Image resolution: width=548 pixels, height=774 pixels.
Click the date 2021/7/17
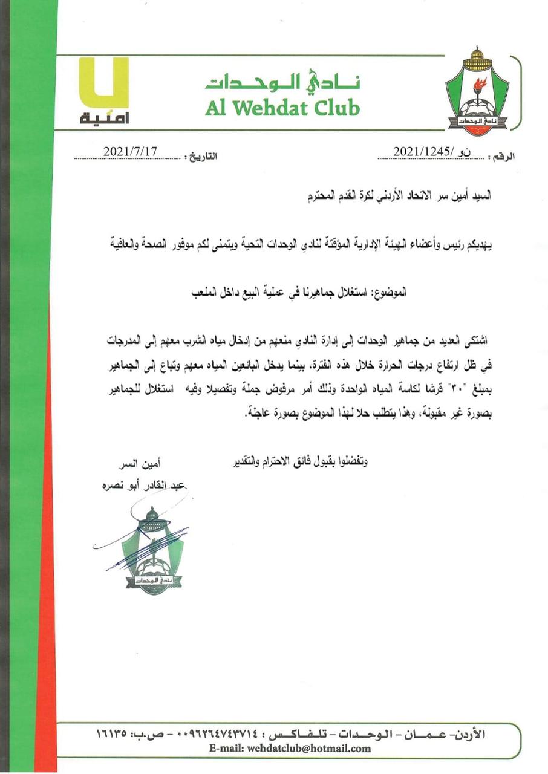point(130,151)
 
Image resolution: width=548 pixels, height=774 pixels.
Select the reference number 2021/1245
point(423,151)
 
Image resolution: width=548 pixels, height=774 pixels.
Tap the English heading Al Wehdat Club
point(282,107)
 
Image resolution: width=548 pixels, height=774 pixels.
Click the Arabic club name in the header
point(282,83)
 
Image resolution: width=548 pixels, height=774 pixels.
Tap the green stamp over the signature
point(151,551)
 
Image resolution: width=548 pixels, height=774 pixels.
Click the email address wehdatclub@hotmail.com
point(290,749)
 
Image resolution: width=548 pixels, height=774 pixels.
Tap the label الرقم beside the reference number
point(501,157)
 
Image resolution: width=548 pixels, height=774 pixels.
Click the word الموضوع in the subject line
point(388,293)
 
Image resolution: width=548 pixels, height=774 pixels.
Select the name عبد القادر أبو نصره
point(145,484)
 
